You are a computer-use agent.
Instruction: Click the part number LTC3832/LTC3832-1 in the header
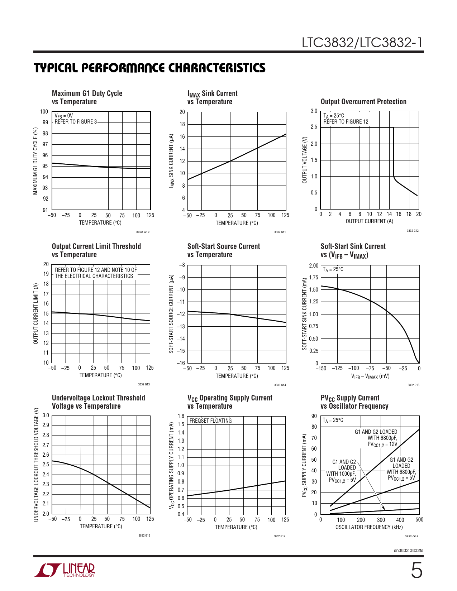click(x=362, y=43)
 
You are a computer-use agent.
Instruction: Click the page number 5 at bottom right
click(x=416, y=571)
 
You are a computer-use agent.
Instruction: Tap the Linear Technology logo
click(x=65, y=570)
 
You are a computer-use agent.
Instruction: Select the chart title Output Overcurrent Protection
click(x=363, y=102)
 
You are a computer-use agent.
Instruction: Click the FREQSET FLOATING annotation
click(x=210, y=421)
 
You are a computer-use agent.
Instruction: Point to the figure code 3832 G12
click(x=413, y=231)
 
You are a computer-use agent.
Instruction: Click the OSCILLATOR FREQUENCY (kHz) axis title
click(x=369, y=527)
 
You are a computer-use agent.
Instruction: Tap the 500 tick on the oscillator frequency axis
click(x=419, y=520)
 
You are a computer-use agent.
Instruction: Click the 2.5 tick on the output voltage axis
click(x=314, y=127)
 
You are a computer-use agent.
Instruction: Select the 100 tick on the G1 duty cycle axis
click(x=44, y=112)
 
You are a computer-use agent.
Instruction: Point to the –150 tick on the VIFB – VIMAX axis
click(x=321, y=368)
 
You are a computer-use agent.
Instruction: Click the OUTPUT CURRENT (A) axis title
click(x=369, y=221)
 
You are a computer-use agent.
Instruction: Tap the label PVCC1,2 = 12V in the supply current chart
click(x=382, y=445)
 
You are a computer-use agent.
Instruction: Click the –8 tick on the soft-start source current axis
click(x=182, y=265)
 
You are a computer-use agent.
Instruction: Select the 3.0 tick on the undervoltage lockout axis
click(x=46, y=415)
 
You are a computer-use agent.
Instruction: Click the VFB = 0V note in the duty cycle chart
click(x=63, y=116)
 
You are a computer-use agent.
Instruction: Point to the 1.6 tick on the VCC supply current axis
click(x=181, y=416)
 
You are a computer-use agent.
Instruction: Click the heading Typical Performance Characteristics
click(x=150, y=68)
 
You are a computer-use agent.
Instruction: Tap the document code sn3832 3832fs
click(x=408, y=551)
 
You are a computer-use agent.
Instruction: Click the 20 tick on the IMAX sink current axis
click(x=182, y=112)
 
